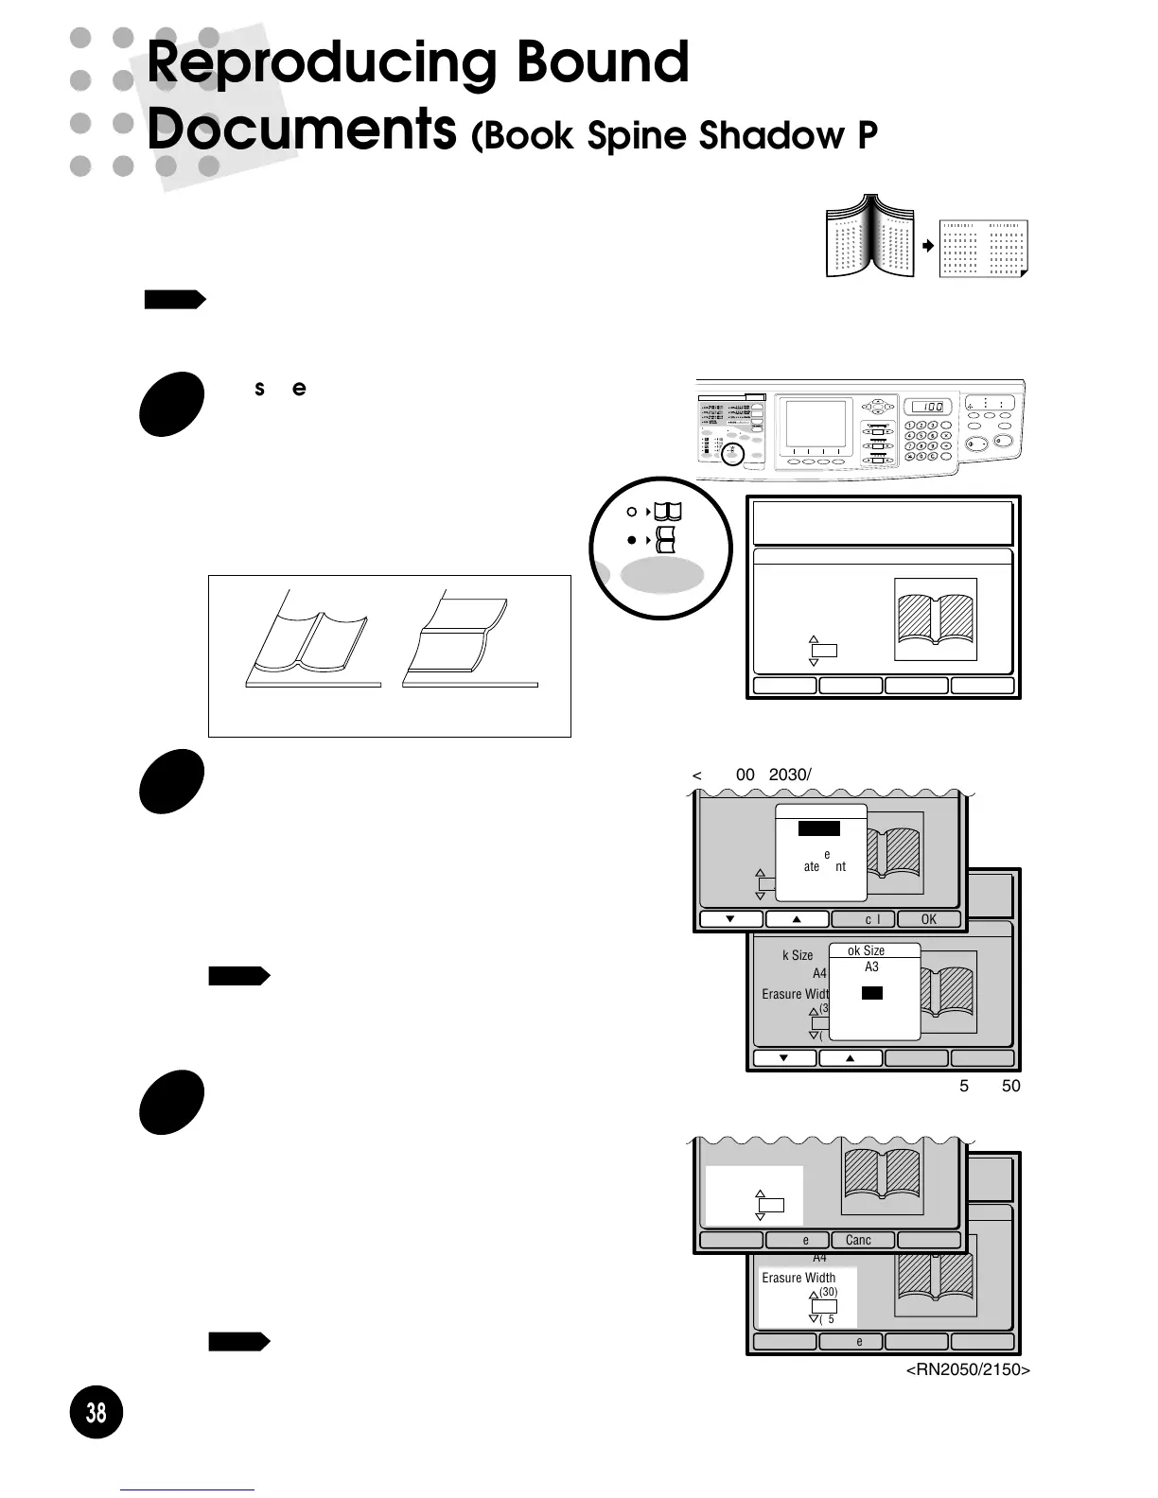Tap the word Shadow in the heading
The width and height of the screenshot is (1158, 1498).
tap(773, 135)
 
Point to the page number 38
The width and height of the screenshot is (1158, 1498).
tap(96, 1412)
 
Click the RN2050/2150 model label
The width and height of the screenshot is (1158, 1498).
tap(968, 1369)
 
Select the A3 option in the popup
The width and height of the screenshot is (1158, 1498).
tap(871, 967)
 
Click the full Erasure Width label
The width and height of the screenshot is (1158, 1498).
tap(798, 1278)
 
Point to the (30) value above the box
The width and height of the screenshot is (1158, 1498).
tap(828, 1292)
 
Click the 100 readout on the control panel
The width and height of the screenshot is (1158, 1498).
tap(928, 407)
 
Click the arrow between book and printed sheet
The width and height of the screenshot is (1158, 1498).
tap(928, 246)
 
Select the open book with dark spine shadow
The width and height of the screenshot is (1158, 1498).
tap(870, 236)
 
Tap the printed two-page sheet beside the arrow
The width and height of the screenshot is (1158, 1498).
tap(983, 249)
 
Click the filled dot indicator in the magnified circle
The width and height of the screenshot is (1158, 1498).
tap(632, 540)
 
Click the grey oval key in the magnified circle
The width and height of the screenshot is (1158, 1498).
tap(661, 575)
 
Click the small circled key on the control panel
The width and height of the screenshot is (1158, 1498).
tap(731, 455)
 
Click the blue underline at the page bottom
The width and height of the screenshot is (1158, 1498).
tap(186, 1489)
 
